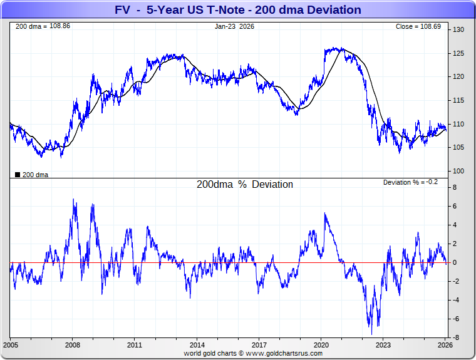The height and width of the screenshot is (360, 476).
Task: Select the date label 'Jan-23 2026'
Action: click(234, 27)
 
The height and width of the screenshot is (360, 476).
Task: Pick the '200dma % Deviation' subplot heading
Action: click(244, 185)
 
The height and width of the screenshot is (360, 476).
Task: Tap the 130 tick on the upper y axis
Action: click(458, 30)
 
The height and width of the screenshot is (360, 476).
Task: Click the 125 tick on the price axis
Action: click(458, 53)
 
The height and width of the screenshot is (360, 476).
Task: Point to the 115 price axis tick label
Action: click(458, 100)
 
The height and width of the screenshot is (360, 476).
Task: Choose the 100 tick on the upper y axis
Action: click(458, 171)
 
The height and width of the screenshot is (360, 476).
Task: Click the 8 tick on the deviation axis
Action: click(456, 187)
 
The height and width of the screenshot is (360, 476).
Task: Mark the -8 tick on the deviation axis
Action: click(457, 338)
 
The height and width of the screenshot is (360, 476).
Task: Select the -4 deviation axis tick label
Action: click(457, 301)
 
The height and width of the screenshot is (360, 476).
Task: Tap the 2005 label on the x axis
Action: click(11, 345)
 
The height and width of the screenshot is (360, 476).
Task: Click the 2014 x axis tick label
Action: click(197, 345)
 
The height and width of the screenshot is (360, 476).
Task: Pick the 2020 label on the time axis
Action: click(321, 345)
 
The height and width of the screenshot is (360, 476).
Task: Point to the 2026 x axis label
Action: click(445, 345)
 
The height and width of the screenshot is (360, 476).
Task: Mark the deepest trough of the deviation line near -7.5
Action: click(371, 333)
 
